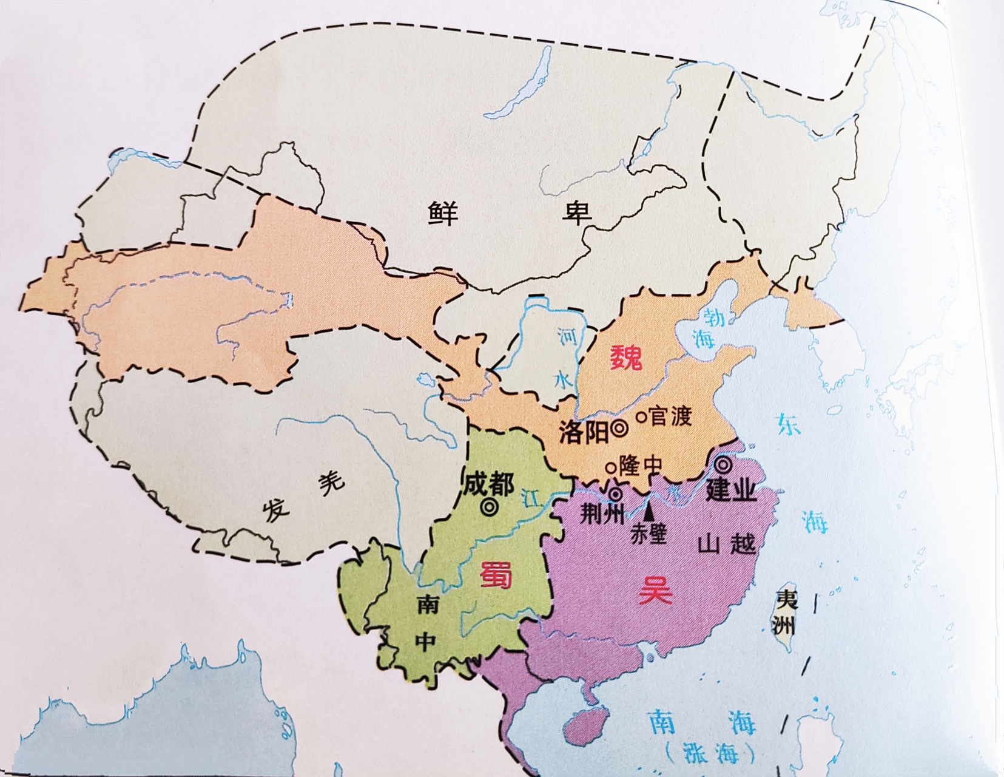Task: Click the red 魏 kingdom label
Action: [625, 358]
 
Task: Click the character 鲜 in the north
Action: [443, 214]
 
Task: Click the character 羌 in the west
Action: [331, 482]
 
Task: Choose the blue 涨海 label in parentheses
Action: [710, 753]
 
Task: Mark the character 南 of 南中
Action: [428, 604]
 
